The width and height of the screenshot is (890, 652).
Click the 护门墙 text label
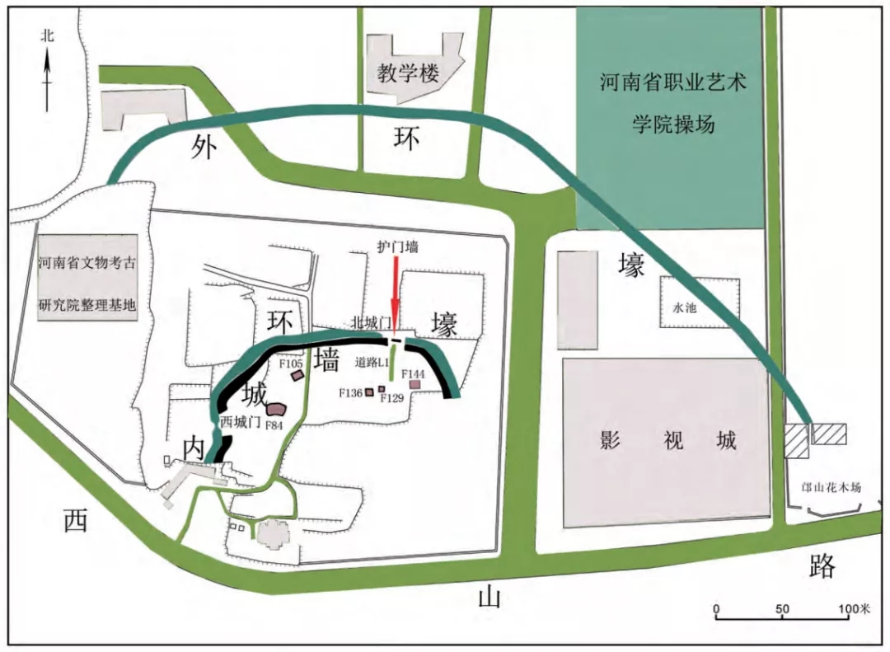click(398, 246)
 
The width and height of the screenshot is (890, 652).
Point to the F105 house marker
click(297, 376)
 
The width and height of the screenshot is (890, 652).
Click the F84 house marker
click(275, 410)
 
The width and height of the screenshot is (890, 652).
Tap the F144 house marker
click(415, 384)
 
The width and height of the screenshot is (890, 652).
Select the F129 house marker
click(382, 389)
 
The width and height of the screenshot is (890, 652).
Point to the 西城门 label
click(240, 421)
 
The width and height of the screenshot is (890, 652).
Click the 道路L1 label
click(372, 363)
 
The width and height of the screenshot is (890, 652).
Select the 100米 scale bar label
click(855, 608)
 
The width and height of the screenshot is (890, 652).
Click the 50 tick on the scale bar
click(782, 610)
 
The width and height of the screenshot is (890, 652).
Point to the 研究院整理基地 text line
click(87, 305)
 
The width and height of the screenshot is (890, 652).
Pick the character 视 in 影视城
click(673, 440)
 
